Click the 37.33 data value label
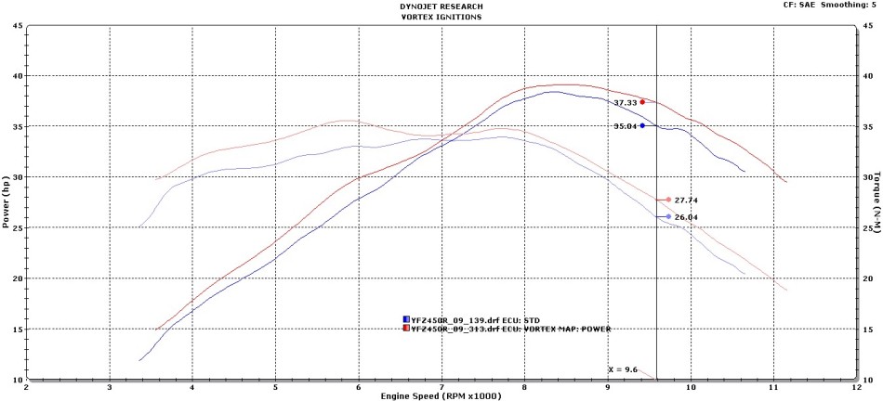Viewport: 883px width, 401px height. (x=625, y=103)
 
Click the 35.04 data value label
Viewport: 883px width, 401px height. (x=625, y=126)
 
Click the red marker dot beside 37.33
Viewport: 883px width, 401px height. (x=642, y=102)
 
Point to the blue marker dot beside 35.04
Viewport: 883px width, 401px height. (x=642, y=125)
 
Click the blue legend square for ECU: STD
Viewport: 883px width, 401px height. (x=405, y=319)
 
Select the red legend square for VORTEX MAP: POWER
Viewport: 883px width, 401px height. (x=405, y=328)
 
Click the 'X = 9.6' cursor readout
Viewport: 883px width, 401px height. (x=623, y=369)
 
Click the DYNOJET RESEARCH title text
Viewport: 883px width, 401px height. (x=441, y=6)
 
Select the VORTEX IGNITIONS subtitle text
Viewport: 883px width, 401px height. (x=441, y=16)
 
